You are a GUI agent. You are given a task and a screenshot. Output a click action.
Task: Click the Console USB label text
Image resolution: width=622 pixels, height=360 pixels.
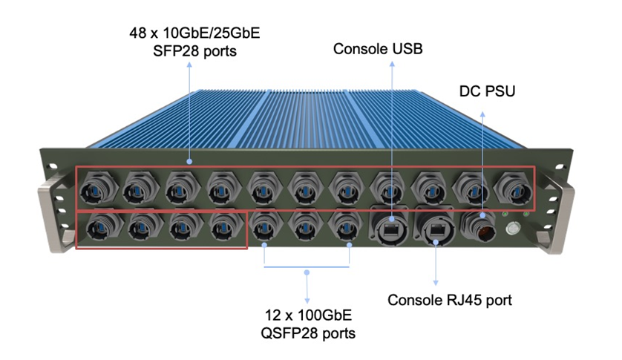click(x=379, y=49)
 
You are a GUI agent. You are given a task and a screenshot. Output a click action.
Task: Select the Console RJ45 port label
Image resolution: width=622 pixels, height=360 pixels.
click(x=450, y=301)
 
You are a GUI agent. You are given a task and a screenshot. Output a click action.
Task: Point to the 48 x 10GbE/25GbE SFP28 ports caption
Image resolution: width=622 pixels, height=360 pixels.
click(x=190, y=42)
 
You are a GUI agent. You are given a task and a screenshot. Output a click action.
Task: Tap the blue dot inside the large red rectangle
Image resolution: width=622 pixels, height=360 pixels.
click(x=190, y=161)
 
